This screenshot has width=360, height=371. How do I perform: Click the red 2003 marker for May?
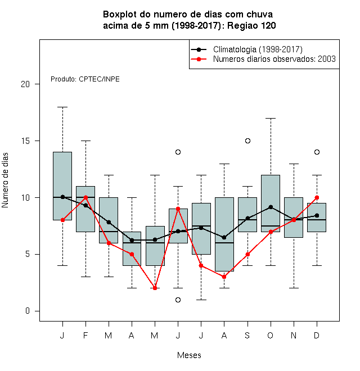click(155, 288)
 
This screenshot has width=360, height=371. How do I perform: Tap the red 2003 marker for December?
click(317, 197)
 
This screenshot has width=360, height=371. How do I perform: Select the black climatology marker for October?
click(271, 207)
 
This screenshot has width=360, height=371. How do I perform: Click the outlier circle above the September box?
click(247, 141)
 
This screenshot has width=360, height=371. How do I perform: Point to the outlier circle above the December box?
click(317, 152)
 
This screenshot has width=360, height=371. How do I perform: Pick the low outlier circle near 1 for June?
click(178, 300)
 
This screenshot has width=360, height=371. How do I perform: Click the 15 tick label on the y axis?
click(25, 141)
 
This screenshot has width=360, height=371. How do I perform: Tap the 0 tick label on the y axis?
click(28, 311)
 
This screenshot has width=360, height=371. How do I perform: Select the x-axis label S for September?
click(247, 335)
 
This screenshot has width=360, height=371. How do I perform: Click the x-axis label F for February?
click(85, 335)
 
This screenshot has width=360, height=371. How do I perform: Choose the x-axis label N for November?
click(294, 335)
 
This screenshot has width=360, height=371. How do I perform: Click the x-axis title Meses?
click(189, 355)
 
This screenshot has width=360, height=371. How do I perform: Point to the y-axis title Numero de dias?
click(5, 180)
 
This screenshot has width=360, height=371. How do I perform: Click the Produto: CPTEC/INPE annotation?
click(85, 79)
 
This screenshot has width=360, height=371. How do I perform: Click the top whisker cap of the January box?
click(62, 107)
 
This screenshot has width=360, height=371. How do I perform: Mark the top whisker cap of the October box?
click(271, 118)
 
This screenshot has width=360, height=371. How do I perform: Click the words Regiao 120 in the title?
click(251, 25)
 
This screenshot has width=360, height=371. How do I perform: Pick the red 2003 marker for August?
click(224, 277)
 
